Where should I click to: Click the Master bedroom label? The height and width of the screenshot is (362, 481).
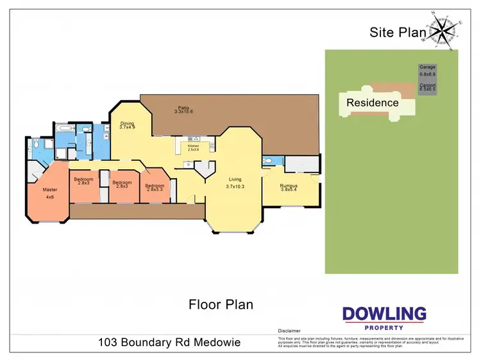coord(49,190)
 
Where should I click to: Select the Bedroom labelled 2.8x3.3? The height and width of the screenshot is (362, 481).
coord(155,186)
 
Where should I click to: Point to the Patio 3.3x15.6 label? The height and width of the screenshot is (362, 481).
coord(183,110)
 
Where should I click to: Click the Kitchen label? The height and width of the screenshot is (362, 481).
coord(193,146)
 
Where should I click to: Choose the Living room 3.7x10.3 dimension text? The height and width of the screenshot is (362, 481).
coord(236,186)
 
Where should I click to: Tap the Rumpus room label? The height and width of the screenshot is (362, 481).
coord(289,186)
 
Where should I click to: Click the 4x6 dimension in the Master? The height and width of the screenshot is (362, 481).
coord(49,197)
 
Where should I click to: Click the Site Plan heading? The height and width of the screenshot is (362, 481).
coord(398,32)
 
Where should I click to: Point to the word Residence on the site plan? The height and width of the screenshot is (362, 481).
coord(373,103)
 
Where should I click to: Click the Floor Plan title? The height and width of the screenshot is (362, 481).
coord(221,304)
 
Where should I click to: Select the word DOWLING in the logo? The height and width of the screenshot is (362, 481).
coord(384,314)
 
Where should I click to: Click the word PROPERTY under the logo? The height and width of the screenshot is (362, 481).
coord(384,327)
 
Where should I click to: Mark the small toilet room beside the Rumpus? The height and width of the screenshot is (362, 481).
coord(269,161)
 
